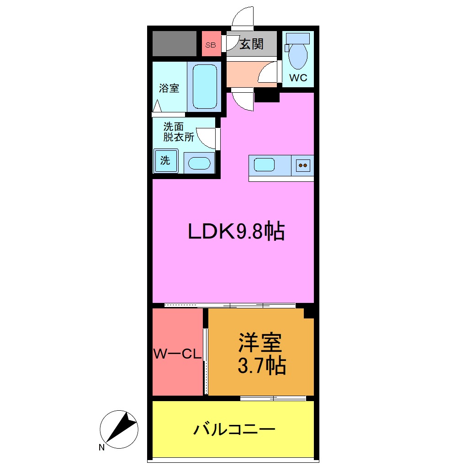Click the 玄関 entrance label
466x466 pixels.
tap(251, 44)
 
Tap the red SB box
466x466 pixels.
tap(211, 45)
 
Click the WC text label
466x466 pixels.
tap(298, 78)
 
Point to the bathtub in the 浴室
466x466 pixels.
tap(204, 86)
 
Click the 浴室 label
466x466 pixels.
tap(169, 88)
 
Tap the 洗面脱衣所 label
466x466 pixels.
tap(179, 132)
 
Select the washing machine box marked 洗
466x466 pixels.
tap(165, 161)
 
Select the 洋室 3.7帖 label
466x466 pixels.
tap(261, 354)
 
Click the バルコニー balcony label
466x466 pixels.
tap(234, 429)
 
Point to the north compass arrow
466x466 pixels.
tap(120, 427)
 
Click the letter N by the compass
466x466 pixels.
tap(101, 448)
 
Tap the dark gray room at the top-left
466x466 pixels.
tap(174, 44)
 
